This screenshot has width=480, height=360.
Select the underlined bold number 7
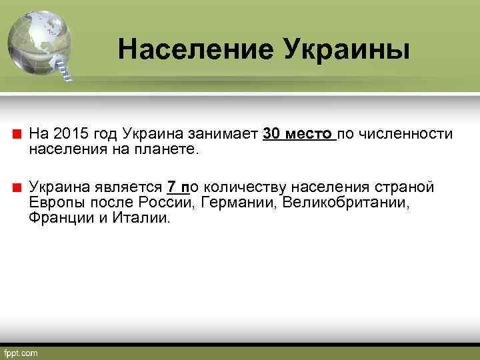(171, 186)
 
